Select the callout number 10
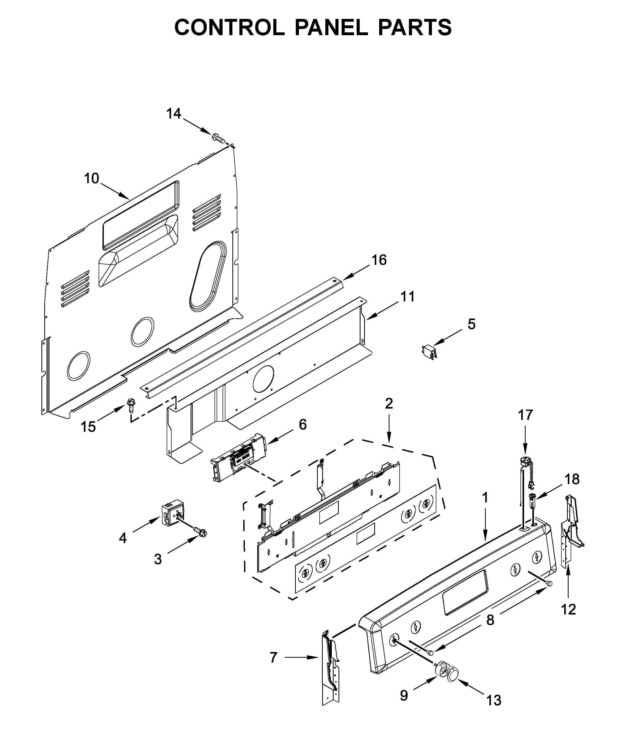[x=91, y=179]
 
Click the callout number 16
[x=379, y=260]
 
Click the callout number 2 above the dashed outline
[x=389, y=403]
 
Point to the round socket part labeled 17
[x=525, y=462]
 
